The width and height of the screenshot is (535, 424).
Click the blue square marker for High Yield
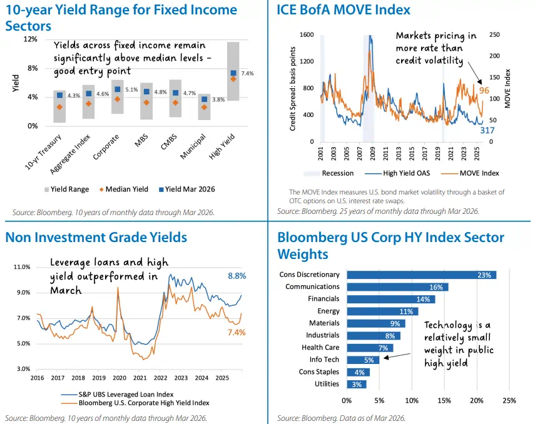(233, 73)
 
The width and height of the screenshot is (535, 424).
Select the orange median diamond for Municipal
(204, 107)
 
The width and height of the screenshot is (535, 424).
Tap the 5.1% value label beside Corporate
(131, 89)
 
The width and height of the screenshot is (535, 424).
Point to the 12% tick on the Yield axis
(29, 39)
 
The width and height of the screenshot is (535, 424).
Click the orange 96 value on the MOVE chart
(484, 90)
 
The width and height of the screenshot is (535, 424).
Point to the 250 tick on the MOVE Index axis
(494, 35)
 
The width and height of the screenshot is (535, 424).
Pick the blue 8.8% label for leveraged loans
(236, 275)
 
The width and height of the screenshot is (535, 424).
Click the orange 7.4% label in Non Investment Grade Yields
(236, 332)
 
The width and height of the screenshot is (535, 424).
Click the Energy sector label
(329, 311)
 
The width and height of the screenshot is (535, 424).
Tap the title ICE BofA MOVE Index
(344, 10)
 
